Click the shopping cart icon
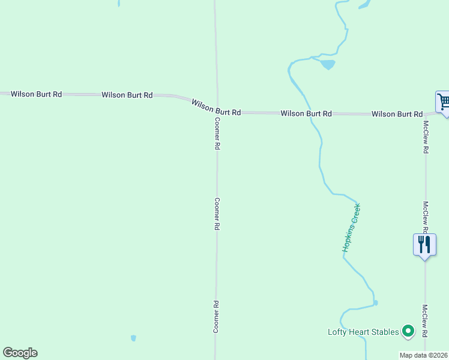click(x=443, y=102)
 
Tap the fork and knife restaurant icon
click(x=424, y=245)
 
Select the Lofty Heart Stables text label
click(x=363, y=332)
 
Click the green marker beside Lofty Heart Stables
click(x=408, y=331)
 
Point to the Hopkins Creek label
click(x=351, y=227)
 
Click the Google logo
click(x=20, y=353)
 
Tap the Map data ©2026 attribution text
click(x=424, y=355)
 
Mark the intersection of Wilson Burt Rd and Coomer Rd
click(x=217, y=111)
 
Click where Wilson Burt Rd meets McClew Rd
click(x=425, y=113)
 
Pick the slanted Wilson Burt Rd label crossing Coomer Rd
click(x=216, y=108)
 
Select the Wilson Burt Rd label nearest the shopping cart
click(x=397, y=113)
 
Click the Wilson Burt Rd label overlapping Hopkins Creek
click(x=306, y=113)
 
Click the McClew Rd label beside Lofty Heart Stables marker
click(x=424, y=321)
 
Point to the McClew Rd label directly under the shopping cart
click(x=425, y=137)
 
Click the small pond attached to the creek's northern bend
click(x=327, y=64)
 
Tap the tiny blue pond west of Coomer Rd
click(x=133, y=338)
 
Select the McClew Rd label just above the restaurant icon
click(x=424, y=217)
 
